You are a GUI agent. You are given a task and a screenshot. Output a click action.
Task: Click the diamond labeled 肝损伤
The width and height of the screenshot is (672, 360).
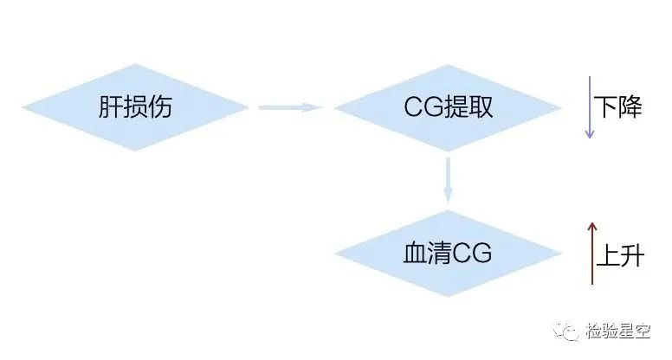135,107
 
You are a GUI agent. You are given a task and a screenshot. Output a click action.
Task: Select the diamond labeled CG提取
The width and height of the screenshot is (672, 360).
448,107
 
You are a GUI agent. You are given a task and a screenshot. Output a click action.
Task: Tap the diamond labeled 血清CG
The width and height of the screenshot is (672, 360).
448,254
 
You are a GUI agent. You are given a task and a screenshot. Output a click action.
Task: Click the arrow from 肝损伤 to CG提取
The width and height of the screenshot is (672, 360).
291,107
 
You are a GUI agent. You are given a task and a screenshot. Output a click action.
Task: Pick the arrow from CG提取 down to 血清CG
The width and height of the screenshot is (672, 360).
448,180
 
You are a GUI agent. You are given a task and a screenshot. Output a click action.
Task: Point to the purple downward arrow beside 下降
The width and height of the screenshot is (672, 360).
590,107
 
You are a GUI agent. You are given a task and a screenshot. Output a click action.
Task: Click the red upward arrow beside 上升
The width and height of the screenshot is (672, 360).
592,254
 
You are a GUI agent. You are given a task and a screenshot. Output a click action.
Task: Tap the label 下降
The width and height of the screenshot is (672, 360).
617,107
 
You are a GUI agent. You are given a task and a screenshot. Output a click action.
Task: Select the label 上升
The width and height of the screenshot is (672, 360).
620,255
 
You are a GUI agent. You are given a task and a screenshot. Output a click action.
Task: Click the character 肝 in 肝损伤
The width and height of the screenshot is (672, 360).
111,106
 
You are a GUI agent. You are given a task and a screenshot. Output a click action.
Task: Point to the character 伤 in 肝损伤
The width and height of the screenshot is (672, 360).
160,106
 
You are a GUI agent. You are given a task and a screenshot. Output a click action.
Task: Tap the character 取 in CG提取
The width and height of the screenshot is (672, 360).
481,106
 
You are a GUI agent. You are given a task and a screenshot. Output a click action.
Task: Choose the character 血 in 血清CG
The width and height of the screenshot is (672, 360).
416,253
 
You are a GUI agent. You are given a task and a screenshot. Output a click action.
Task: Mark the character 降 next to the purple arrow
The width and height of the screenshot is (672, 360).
630,107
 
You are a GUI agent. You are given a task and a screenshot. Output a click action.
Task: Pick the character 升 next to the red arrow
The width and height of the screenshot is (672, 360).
632,255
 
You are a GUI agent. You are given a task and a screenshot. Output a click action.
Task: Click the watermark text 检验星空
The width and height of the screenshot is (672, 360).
618,331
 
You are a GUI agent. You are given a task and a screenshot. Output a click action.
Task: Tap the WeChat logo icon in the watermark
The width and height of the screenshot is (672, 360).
566,331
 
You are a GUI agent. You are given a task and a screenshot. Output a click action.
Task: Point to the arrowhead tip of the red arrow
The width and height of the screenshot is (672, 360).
592,222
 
